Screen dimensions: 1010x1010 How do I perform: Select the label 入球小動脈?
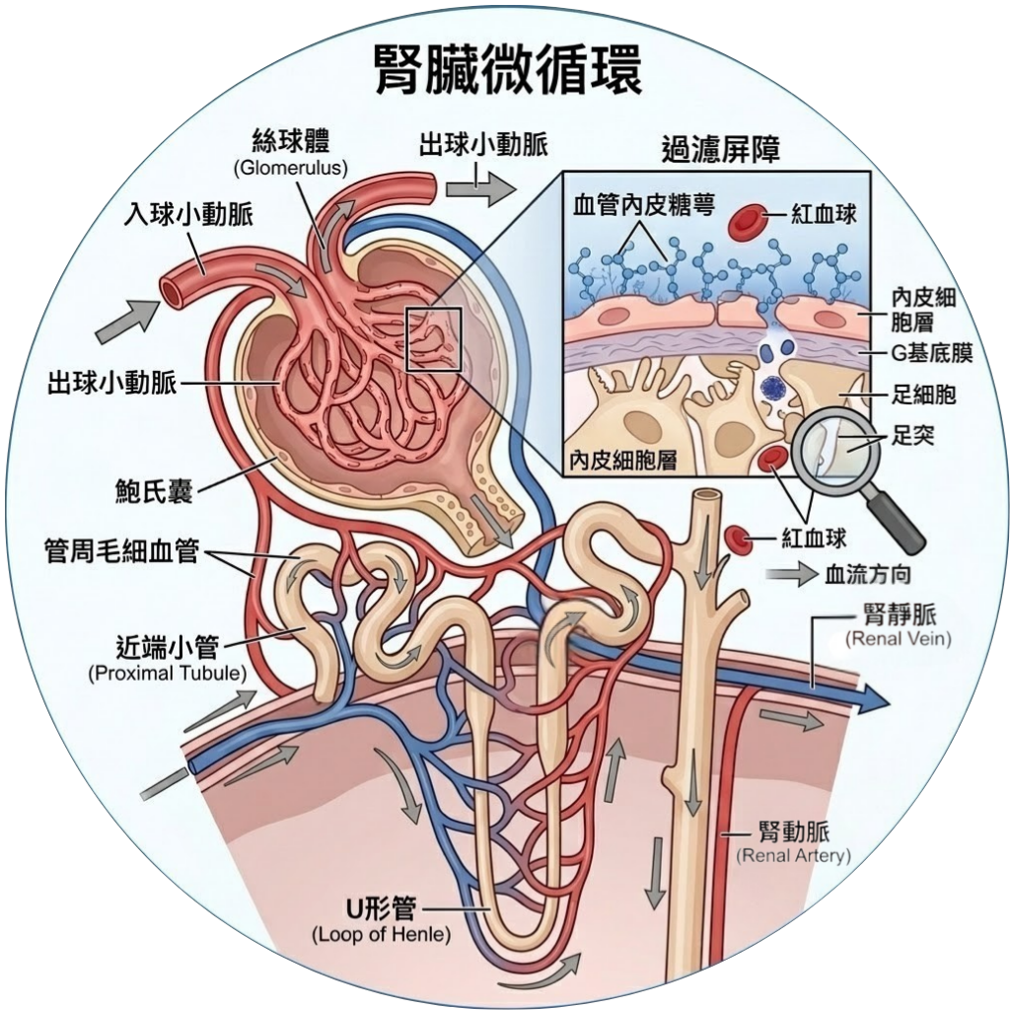click(188, 215)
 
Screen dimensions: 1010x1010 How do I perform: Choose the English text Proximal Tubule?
click(168, 675)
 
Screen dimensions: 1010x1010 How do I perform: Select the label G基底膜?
click(931, 353)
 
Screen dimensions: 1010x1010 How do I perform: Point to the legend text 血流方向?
click(867, 574)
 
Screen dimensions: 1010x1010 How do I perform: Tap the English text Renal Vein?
click(898, 640)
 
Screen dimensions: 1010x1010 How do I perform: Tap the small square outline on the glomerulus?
click(434, 339)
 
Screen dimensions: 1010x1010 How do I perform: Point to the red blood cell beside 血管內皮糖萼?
click(750, 222)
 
